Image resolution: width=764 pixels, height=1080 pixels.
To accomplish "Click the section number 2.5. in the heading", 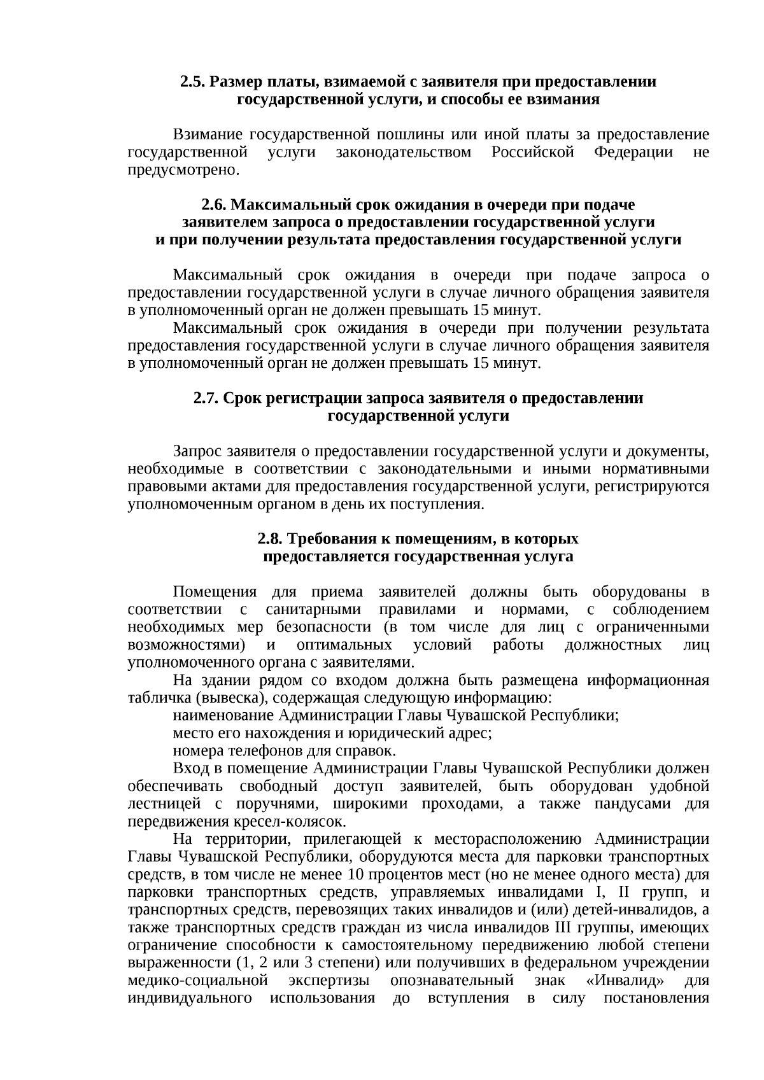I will (193, 82).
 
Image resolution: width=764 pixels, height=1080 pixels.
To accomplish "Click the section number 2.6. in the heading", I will (213, 205).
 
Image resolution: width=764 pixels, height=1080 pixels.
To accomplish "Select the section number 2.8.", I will (270, 539).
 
